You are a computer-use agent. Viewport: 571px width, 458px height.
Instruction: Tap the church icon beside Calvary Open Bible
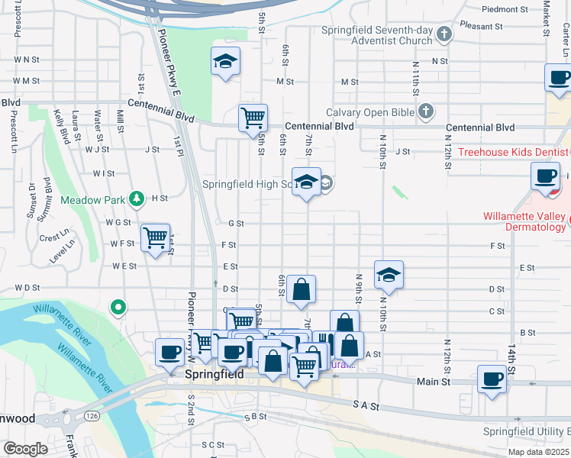pyautogui.click(x=426, y=112)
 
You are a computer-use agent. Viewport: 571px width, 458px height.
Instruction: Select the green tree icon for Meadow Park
pyautogui.click(x=136, y=198)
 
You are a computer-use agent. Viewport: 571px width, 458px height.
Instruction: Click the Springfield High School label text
pyautogui.click(x=247, y=184)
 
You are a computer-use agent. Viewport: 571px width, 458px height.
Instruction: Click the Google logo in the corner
pyautogui.click(x=25, y=449)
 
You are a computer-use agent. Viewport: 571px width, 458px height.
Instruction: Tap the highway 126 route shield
pyautogui.click(x=91, y=415)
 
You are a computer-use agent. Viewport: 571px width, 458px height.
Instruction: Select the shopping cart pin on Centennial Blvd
pyautogui.click(x=253, y=118)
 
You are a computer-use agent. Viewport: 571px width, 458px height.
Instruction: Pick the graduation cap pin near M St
pyautogui.click(x=225, y=62)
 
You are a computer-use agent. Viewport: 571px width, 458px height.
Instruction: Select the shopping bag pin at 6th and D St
pyautogui.click(x=302, y=289)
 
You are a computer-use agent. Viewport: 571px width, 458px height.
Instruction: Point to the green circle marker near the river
pyautogui.click(x=118, y=308)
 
